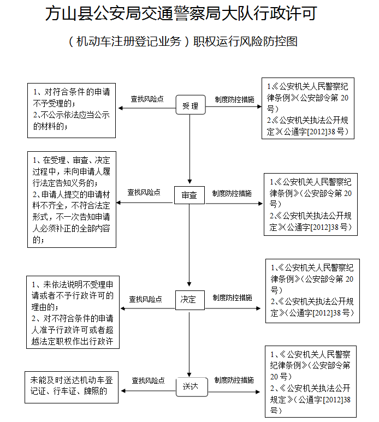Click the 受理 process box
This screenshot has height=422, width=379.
click(x=190, y=105)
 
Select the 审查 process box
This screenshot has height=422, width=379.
click(x=189, y=195)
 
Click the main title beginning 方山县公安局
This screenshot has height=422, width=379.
click(x=183, y=14)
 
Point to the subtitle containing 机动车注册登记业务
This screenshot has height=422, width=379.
click(x=184, y=41)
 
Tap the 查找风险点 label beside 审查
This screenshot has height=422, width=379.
click(x=144, y=193)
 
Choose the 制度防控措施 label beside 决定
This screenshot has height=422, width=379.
click(x=233, y=298)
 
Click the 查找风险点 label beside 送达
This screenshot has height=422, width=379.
click(x=148, y=380)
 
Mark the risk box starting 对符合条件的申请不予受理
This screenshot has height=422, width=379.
click(x=72, y=110)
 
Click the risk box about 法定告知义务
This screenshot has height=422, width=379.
click(x=72, y=199)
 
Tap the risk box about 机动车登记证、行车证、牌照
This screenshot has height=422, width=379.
click(x=72, y=388)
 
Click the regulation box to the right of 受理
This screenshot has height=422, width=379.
click(x=309, y=108)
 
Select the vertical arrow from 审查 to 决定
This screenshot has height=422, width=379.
click(x=189, y=246)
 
